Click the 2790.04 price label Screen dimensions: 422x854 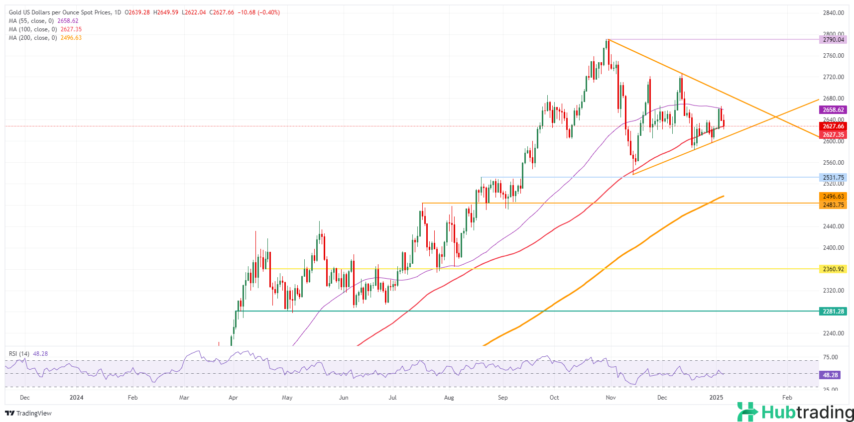point(833,40)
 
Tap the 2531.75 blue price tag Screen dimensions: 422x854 point(833,178)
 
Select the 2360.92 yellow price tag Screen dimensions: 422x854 point(833,269)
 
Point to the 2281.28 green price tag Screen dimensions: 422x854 point(833,312)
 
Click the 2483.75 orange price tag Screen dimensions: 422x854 point(833,205)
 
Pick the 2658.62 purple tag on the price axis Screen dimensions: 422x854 point(833,110)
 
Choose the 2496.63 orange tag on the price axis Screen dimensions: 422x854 point(833,197)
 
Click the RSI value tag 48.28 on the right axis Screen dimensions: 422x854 point(830,375)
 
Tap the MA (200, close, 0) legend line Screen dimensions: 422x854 point(45,38)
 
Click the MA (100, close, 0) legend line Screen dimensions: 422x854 point(45,29)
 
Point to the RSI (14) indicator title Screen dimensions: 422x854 point(19,354)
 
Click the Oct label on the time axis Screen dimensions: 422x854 point(554,398)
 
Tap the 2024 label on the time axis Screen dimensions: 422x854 point(77,398)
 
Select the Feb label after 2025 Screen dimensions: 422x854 point(787,398)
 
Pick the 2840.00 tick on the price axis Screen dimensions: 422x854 point(833,13)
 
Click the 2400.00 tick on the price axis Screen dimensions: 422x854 point(833,248)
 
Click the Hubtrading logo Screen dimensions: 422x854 point(795,412)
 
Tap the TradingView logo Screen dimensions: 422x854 point(28,414)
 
